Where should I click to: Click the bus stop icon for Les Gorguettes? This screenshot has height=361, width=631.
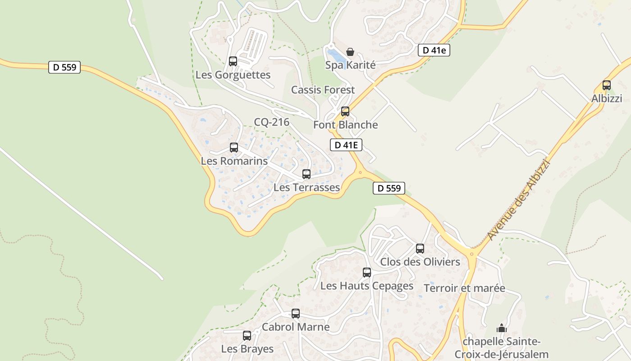[x=233, y=61]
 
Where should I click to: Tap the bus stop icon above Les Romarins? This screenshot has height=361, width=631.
[x=234, y=147]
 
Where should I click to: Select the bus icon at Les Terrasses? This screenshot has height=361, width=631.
[x=306, y=174]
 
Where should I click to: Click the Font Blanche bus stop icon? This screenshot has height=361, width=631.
[x=345, y=111]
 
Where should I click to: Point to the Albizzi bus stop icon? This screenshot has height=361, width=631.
[x=607, y=85]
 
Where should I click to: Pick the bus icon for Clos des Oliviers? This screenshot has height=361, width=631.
[x=420, y=248]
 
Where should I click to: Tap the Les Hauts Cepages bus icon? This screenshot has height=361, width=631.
[x=367, y=272]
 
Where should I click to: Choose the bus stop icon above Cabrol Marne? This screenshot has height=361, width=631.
[x=296, y=313]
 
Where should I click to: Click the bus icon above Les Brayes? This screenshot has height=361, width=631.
[x=247, y=335]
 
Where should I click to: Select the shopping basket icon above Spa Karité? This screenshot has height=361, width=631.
[x=350, y=52]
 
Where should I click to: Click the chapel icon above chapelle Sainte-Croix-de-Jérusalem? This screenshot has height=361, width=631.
[x=502, y=328]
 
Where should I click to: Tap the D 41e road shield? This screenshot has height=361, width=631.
[x=434, y=50]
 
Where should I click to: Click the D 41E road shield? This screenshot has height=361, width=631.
[x=346, y=144]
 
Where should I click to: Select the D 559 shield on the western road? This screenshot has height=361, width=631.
[x=64, y=67]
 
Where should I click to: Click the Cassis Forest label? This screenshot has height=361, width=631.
[x=323, y=90]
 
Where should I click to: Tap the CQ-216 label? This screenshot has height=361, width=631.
[x=271, y=122]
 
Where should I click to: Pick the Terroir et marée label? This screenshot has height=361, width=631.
[x=465, y=288]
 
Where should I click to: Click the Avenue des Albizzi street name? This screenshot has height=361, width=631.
[x=520, y=199]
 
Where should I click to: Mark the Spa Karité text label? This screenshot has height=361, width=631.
[x=350, y=65]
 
